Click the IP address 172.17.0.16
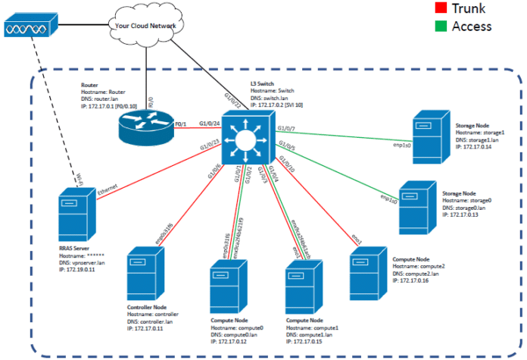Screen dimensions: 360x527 (413, 280)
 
